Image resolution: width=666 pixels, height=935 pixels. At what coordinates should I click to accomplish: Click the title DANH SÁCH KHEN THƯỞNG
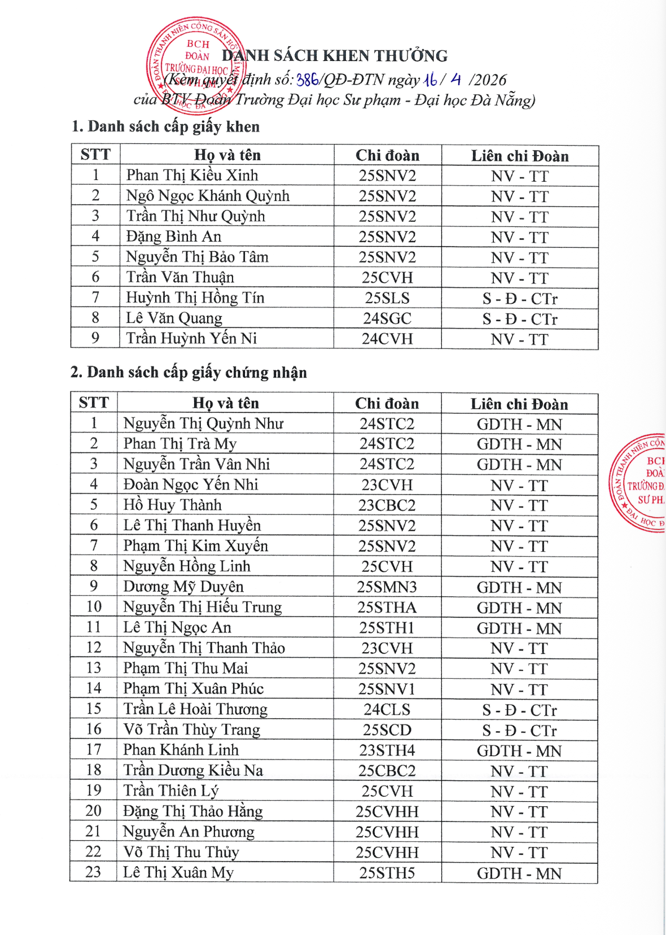(x=335, y=56)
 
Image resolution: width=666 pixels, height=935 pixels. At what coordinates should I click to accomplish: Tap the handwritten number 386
(x=307, y=80)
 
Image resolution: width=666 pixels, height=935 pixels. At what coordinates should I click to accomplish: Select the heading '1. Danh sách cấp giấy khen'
(x=165, y=126)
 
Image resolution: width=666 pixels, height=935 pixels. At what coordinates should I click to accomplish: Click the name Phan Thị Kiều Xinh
(x=192, y=176)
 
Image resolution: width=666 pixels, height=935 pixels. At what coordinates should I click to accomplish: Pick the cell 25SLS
(x=387, y=298)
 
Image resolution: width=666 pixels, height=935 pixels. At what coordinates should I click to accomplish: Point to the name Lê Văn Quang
(x=174, y=318)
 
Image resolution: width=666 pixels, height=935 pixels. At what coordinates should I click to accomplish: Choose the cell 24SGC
(x=387, y=318)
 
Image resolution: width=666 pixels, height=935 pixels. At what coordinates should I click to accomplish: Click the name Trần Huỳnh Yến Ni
(x=191, y=339)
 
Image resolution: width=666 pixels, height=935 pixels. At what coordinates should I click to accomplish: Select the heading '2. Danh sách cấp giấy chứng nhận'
(x=189, y=373)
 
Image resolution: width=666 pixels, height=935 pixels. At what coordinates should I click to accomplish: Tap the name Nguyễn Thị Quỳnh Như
(x=203, y=423)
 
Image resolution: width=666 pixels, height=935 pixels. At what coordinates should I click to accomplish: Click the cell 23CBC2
(x=387, y=505)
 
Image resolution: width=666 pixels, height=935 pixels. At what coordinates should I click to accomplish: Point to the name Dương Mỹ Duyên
(x=183, y=587)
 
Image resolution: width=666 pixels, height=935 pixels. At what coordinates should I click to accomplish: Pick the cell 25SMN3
(x=387, y=587)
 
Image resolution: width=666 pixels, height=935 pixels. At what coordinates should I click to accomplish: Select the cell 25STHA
(x=387, y=608)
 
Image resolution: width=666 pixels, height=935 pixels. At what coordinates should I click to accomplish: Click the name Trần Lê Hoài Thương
(x=195, y=709)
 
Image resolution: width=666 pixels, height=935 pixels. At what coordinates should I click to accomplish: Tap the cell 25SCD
(x=387, y=730)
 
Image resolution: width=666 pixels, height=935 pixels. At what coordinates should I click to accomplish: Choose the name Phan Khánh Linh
(x=181, y=750)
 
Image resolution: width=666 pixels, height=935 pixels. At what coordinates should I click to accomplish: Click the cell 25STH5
(x=387, y=873)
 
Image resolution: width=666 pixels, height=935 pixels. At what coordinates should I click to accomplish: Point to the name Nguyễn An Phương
(x=189, y=832)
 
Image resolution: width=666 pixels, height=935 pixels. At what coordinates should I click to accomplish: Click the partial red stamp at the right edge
(x=641, y=483)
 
